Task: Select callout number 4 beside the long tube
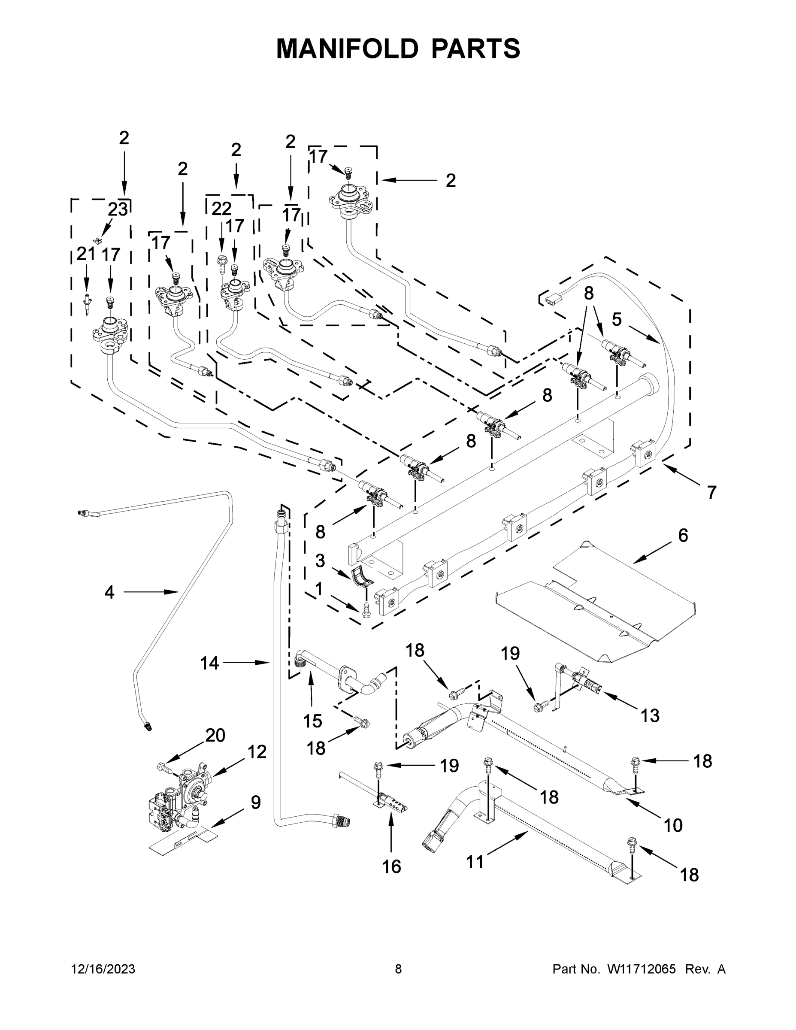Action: click(x=109, y=592)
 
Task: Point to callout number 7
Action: click(x=711, y=492)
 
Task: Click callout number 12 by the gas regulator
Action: click(x=257, y=752)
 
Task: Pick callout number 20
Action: click(x=215, y=735)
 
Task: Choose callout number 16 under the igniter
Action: click(x=391, y=866)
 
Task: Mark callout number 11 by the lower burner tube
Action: click(x=475, y=862)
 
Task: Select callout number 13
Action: click(x=650, y=715)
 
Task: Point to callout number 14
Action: click(x=209, y=663)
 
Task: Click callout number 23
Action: click(x=118, y=209)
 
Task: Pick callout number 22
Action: click(x=221, y=209)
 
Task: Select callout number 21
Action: click(x=86, y=254)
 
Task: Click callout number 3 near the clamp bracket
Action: click(x=320, y=561)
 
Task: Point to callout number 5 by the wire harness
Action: click(x=617, y=320)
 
